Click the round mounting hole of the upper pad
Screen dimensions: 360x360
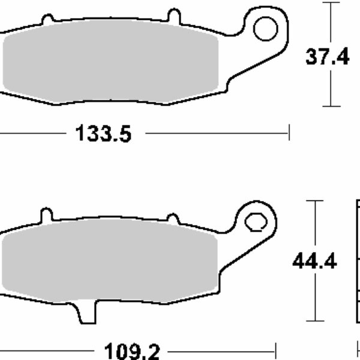(264, 28)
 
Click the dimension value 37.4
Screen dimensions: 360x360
(327, 58)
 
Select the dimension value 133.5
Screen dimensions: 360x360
(103, 133)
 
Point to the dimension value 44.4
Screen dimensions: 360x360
(314, 262)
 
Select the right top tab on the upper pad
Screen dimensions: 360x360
(174, 15)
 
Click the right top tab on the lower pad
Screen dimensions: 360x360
(173, 218)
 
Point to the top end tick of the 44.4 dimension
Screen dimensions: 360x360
(314, 200)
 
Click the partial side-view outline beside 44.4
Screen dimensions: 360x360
(358, 264)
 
